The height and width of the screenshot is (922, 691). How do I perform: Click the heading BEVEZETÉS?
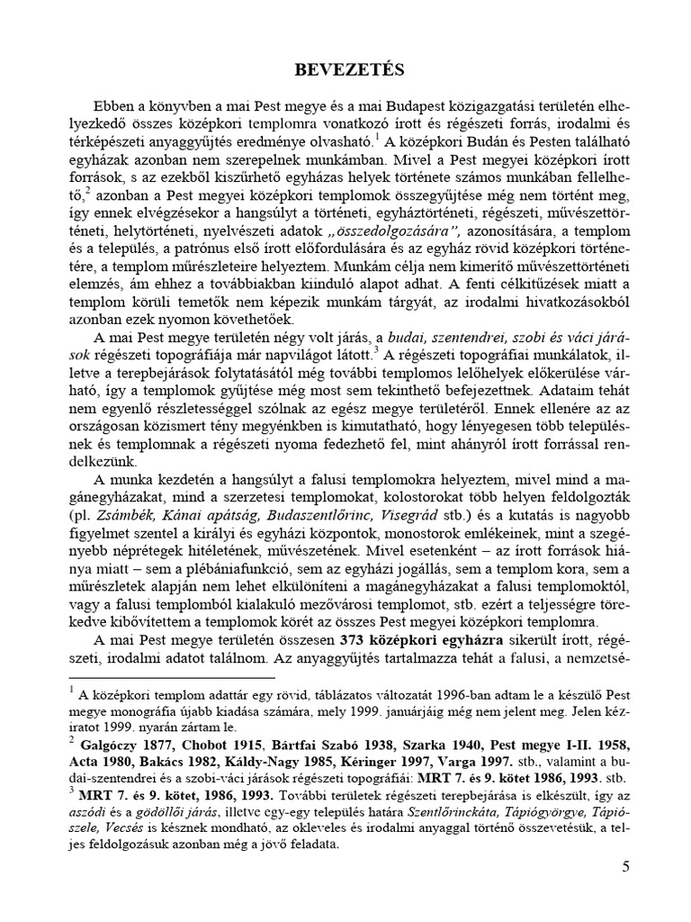click(345, 68)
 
